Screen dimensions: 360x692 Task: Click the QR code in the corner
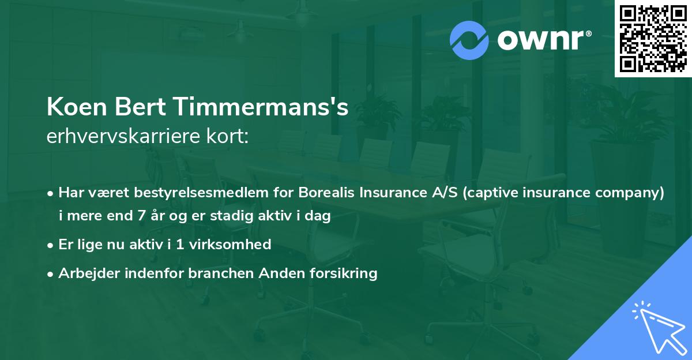653,39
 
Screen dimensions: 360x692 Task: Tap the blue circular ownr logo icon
469,40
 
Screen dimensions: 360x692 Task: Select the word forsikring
344,273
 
